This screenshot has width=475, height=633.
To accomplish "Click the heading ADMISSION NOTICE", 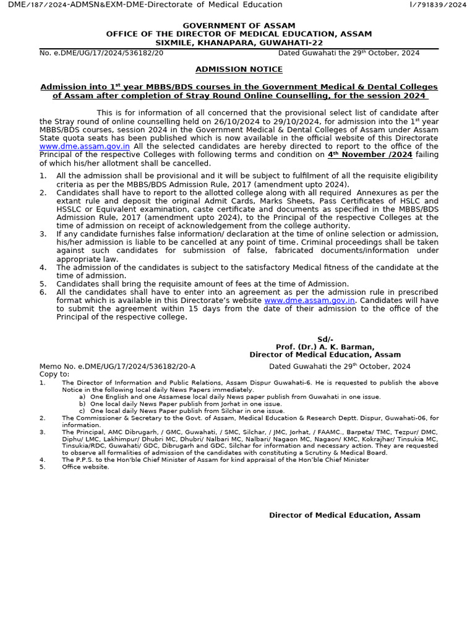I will pos(239,70).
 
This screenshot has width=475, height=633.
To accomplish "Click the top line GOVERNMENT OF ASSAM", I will pos(239,25).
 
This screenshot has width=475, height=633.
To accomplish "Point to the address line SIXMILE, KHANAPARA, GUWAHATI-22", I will pos(239,43).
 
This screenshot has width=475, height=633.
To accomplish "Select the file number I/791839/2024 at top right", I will pos(438,5).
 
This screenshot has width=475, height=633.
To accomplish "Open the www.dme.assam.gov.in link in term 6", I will pos(310,300).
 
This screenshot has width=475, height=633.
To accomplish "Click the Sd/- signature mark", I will pos(325,339).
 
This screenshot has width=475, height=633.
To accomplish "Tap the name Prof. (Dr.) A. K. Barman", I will pos(325,347).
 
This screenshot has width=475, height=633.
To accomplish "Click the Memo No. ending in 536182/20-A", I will pos(118,367).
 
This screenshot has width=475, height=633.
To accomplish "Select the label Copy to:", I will pos(54,374).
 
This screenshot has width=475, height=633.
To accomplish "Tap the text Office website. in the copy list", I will pos(85,467).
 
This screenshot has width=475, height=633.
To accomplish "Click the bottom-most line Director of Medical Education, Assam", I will pos(344,515).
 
